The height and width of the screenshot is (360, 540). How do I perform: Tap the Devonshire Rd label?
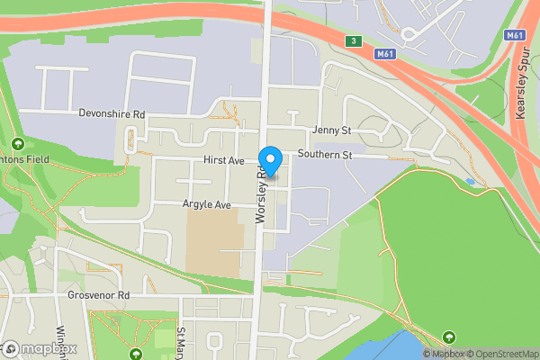(112, 115)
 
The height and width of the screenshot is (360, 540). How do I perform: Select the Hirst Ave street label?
(224, 160)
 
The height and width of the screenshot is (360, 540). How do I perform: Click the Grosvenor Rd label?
(98, 295)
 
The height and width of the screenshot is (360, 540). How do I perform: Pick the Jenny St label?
(331, 130)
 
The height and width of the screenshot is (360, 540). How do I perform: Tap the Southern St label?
(325, 155)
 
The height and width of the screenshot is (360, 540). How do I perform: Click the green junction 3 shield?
(355, 41)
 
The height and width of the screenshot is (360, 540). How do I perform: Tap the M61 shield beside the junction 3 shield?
(385, 54)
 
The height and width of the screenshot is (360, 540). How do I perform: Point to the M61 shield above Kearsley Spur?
(514, 35)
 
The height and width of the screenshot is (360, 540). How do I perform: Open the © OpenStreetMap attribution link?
(501, 354)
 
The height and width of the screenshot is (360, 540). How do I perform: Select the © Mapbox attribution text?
(443, 354)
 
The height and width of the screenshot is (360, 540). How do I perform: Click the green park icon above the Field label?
(17, 144)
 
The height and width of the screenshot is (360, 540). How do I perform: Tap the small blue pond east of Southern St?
(470, 182)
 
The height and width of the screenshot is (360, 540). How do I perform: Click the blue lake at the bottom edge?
(387, 347)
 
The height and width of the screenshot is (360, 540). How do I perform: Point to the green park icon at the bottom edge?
(136, 354)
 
